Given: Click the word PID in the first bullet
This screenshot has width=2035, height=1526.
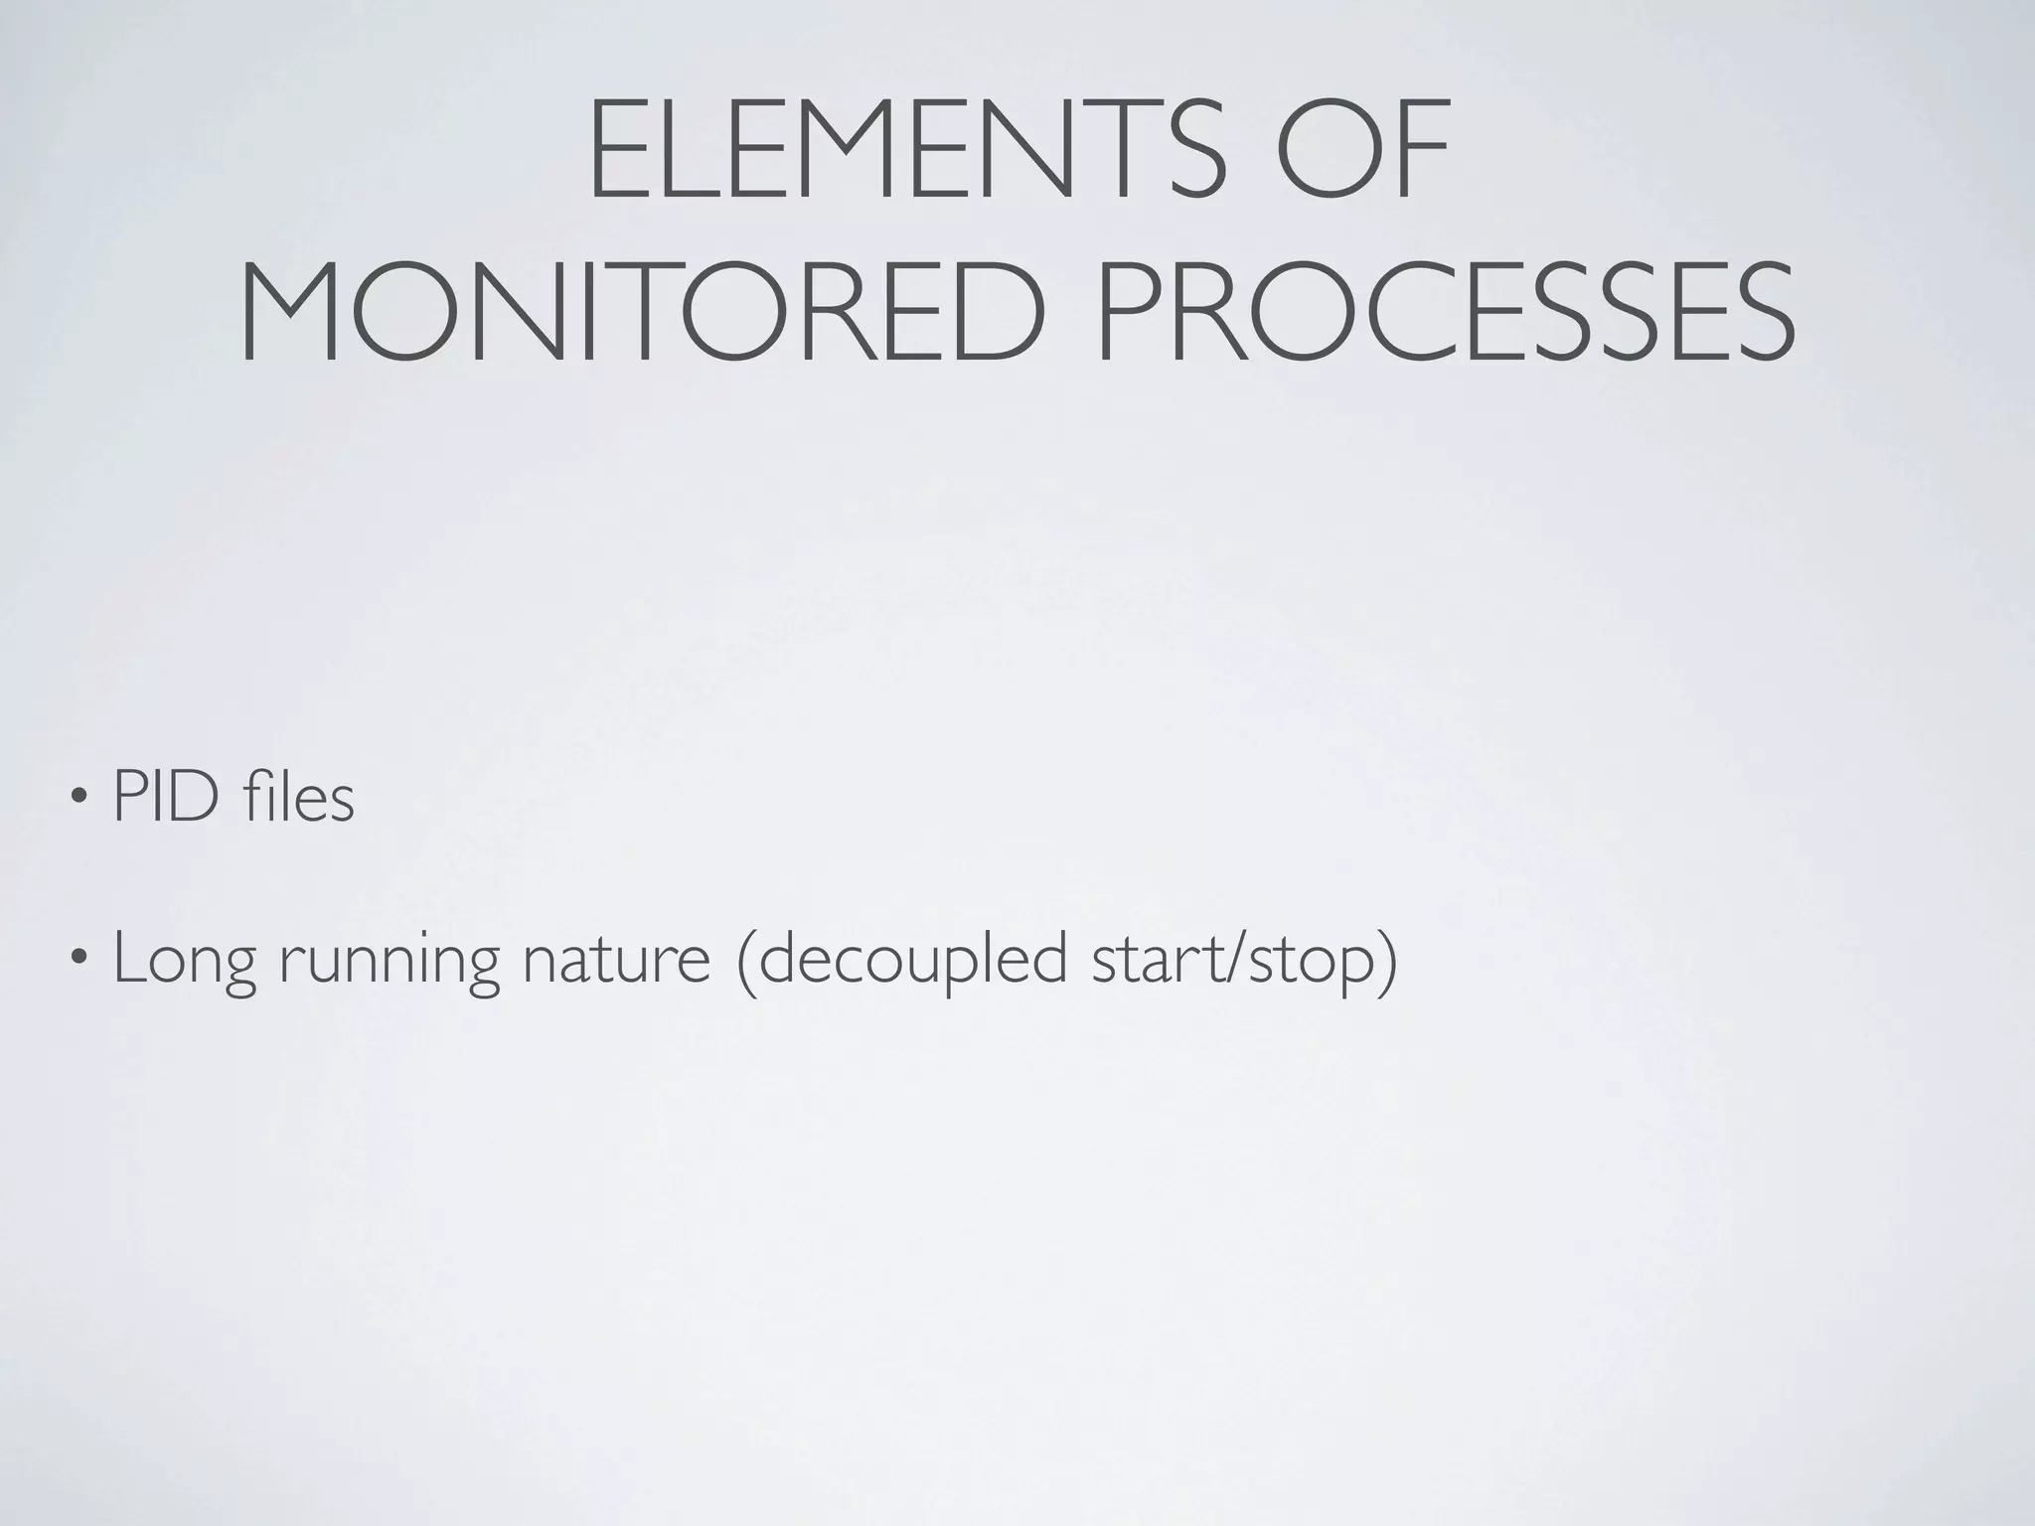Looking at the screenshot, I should [x=166, y=797].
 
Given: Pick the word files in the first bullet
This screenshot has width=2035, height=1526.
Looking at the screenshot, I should [x=297, y=797].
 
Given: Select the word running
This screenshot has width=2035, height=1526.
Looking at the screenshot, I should [x=389, y=962].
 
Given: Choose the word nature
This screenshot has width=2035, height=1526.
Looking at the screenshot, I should [x=617, y=960].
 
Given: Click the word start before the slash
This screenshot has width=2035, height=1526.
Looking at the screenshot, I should [x=1154, y=960].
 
